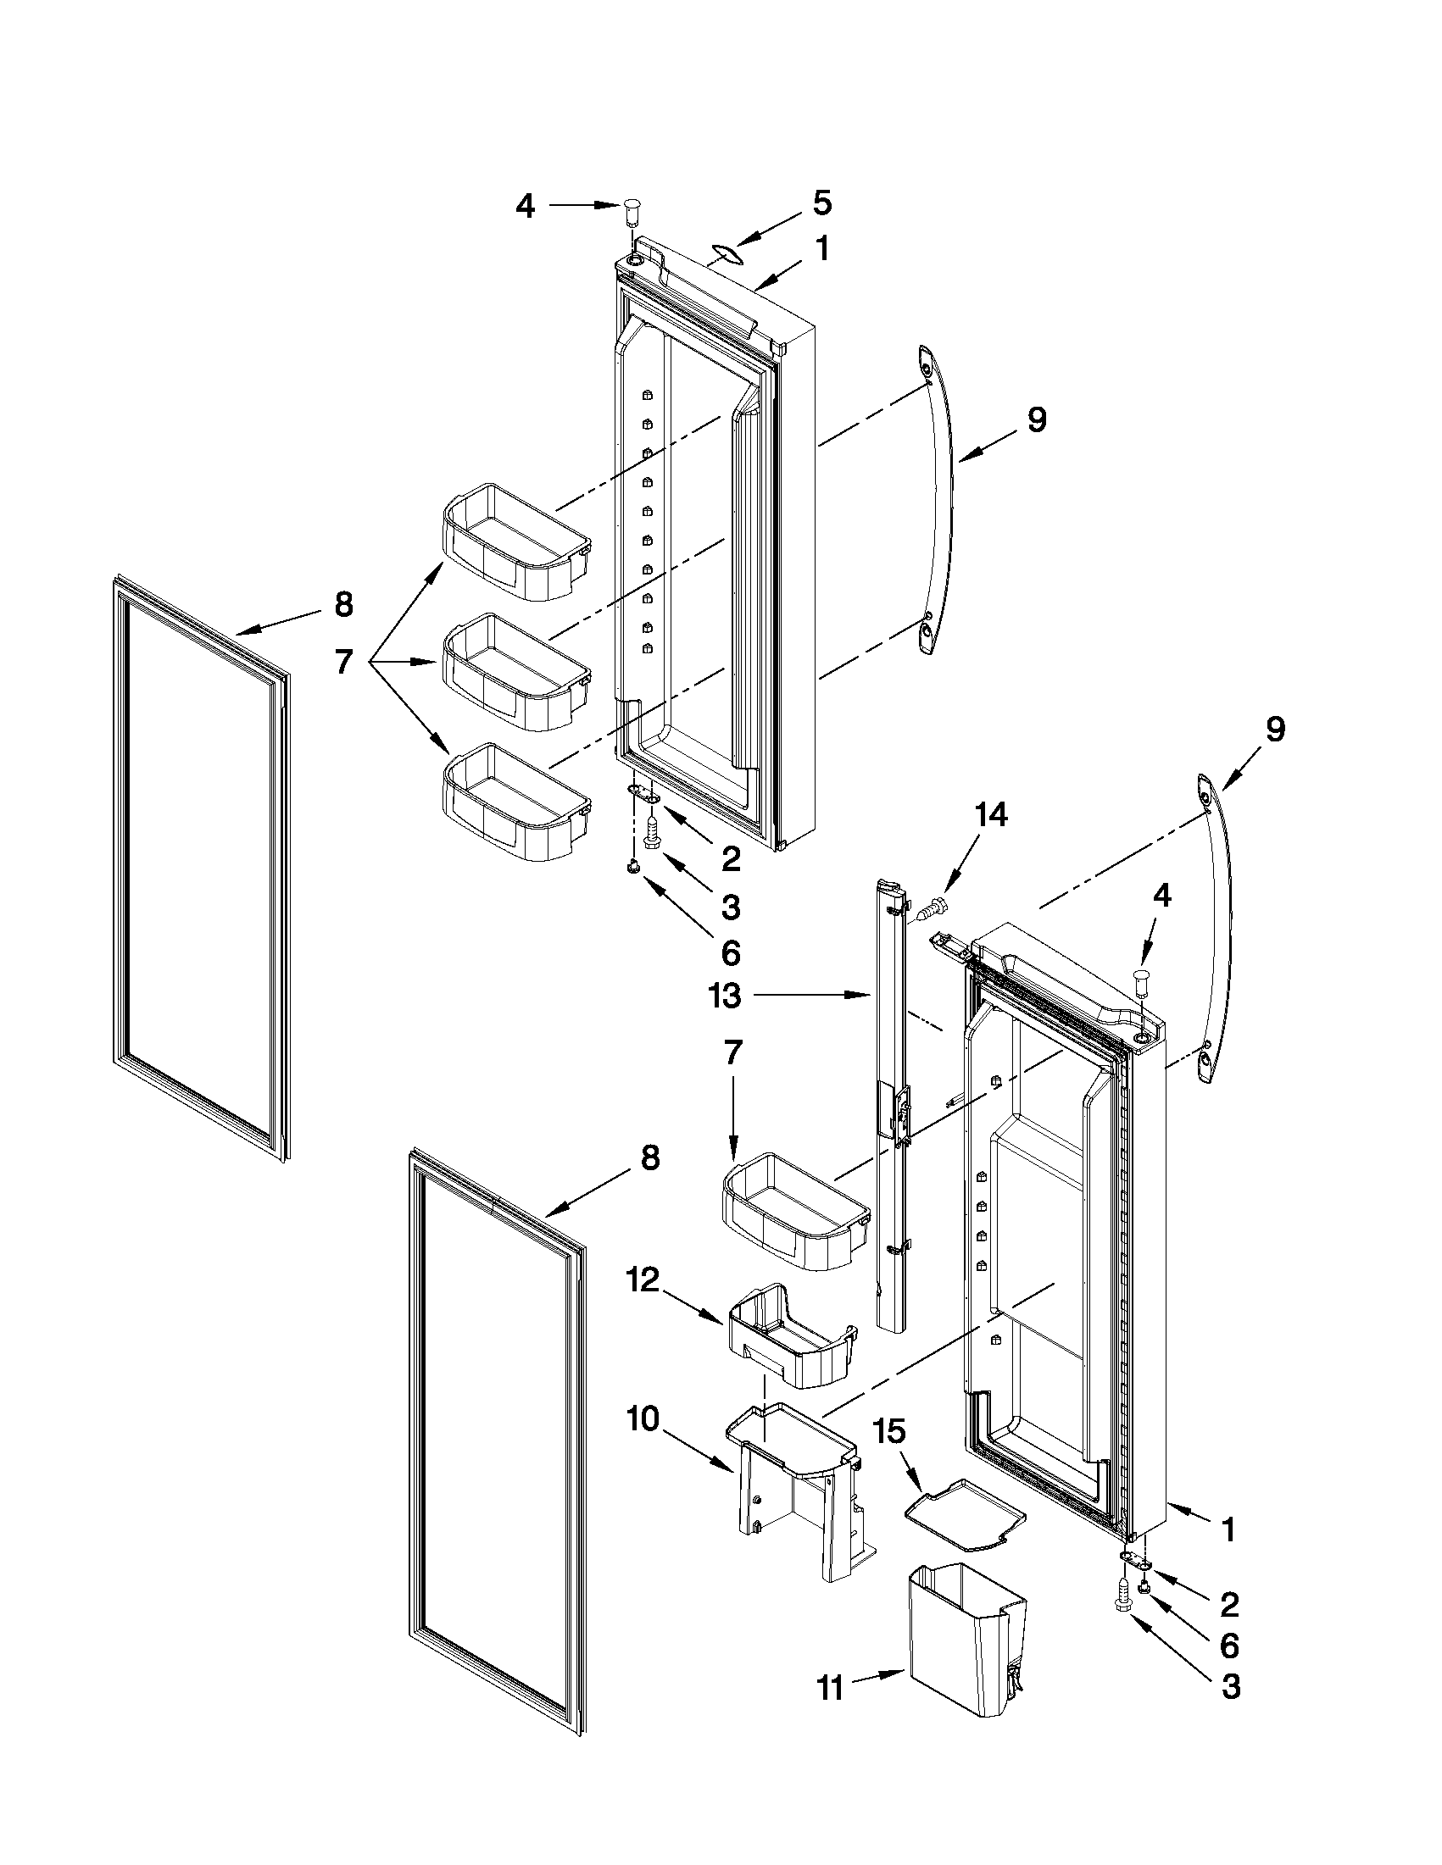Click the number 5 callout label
tap(821, 203)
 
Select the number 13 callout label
tap(725, 996)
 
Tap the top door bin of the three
tap(515, 540)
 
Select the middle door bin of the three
tap(515, 670)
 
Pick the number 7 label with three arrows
tap(343, 662)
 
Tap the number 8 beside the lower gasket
tap(650, 1158)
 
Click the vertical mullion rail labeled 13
tap(890, 1110)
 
